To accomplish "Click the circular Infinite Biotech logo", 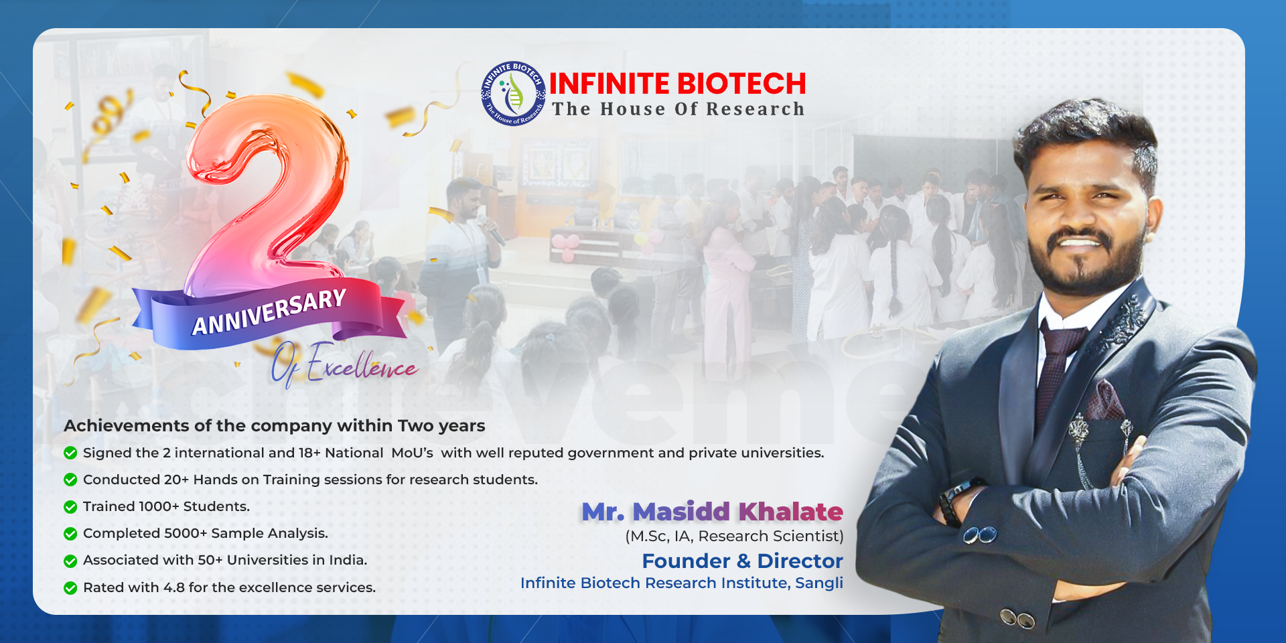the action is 514,93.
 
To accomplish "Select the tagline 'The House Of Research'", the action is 678,109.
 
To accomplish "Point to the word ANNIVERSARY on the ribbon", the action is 269,312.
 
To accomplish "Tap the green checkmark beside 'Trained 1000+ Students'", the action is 70,507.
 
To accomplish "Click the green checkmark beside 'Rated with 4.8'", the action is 70,588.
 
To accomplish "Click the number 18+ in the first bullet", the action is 309,453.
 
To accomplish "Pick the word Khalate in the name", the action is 790,512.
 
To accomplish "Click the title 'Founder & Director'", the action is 742,561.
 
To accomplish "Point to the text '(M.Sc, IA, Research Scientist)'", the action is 734,536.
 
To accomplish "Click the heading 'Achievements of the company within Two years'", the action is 275,426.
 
